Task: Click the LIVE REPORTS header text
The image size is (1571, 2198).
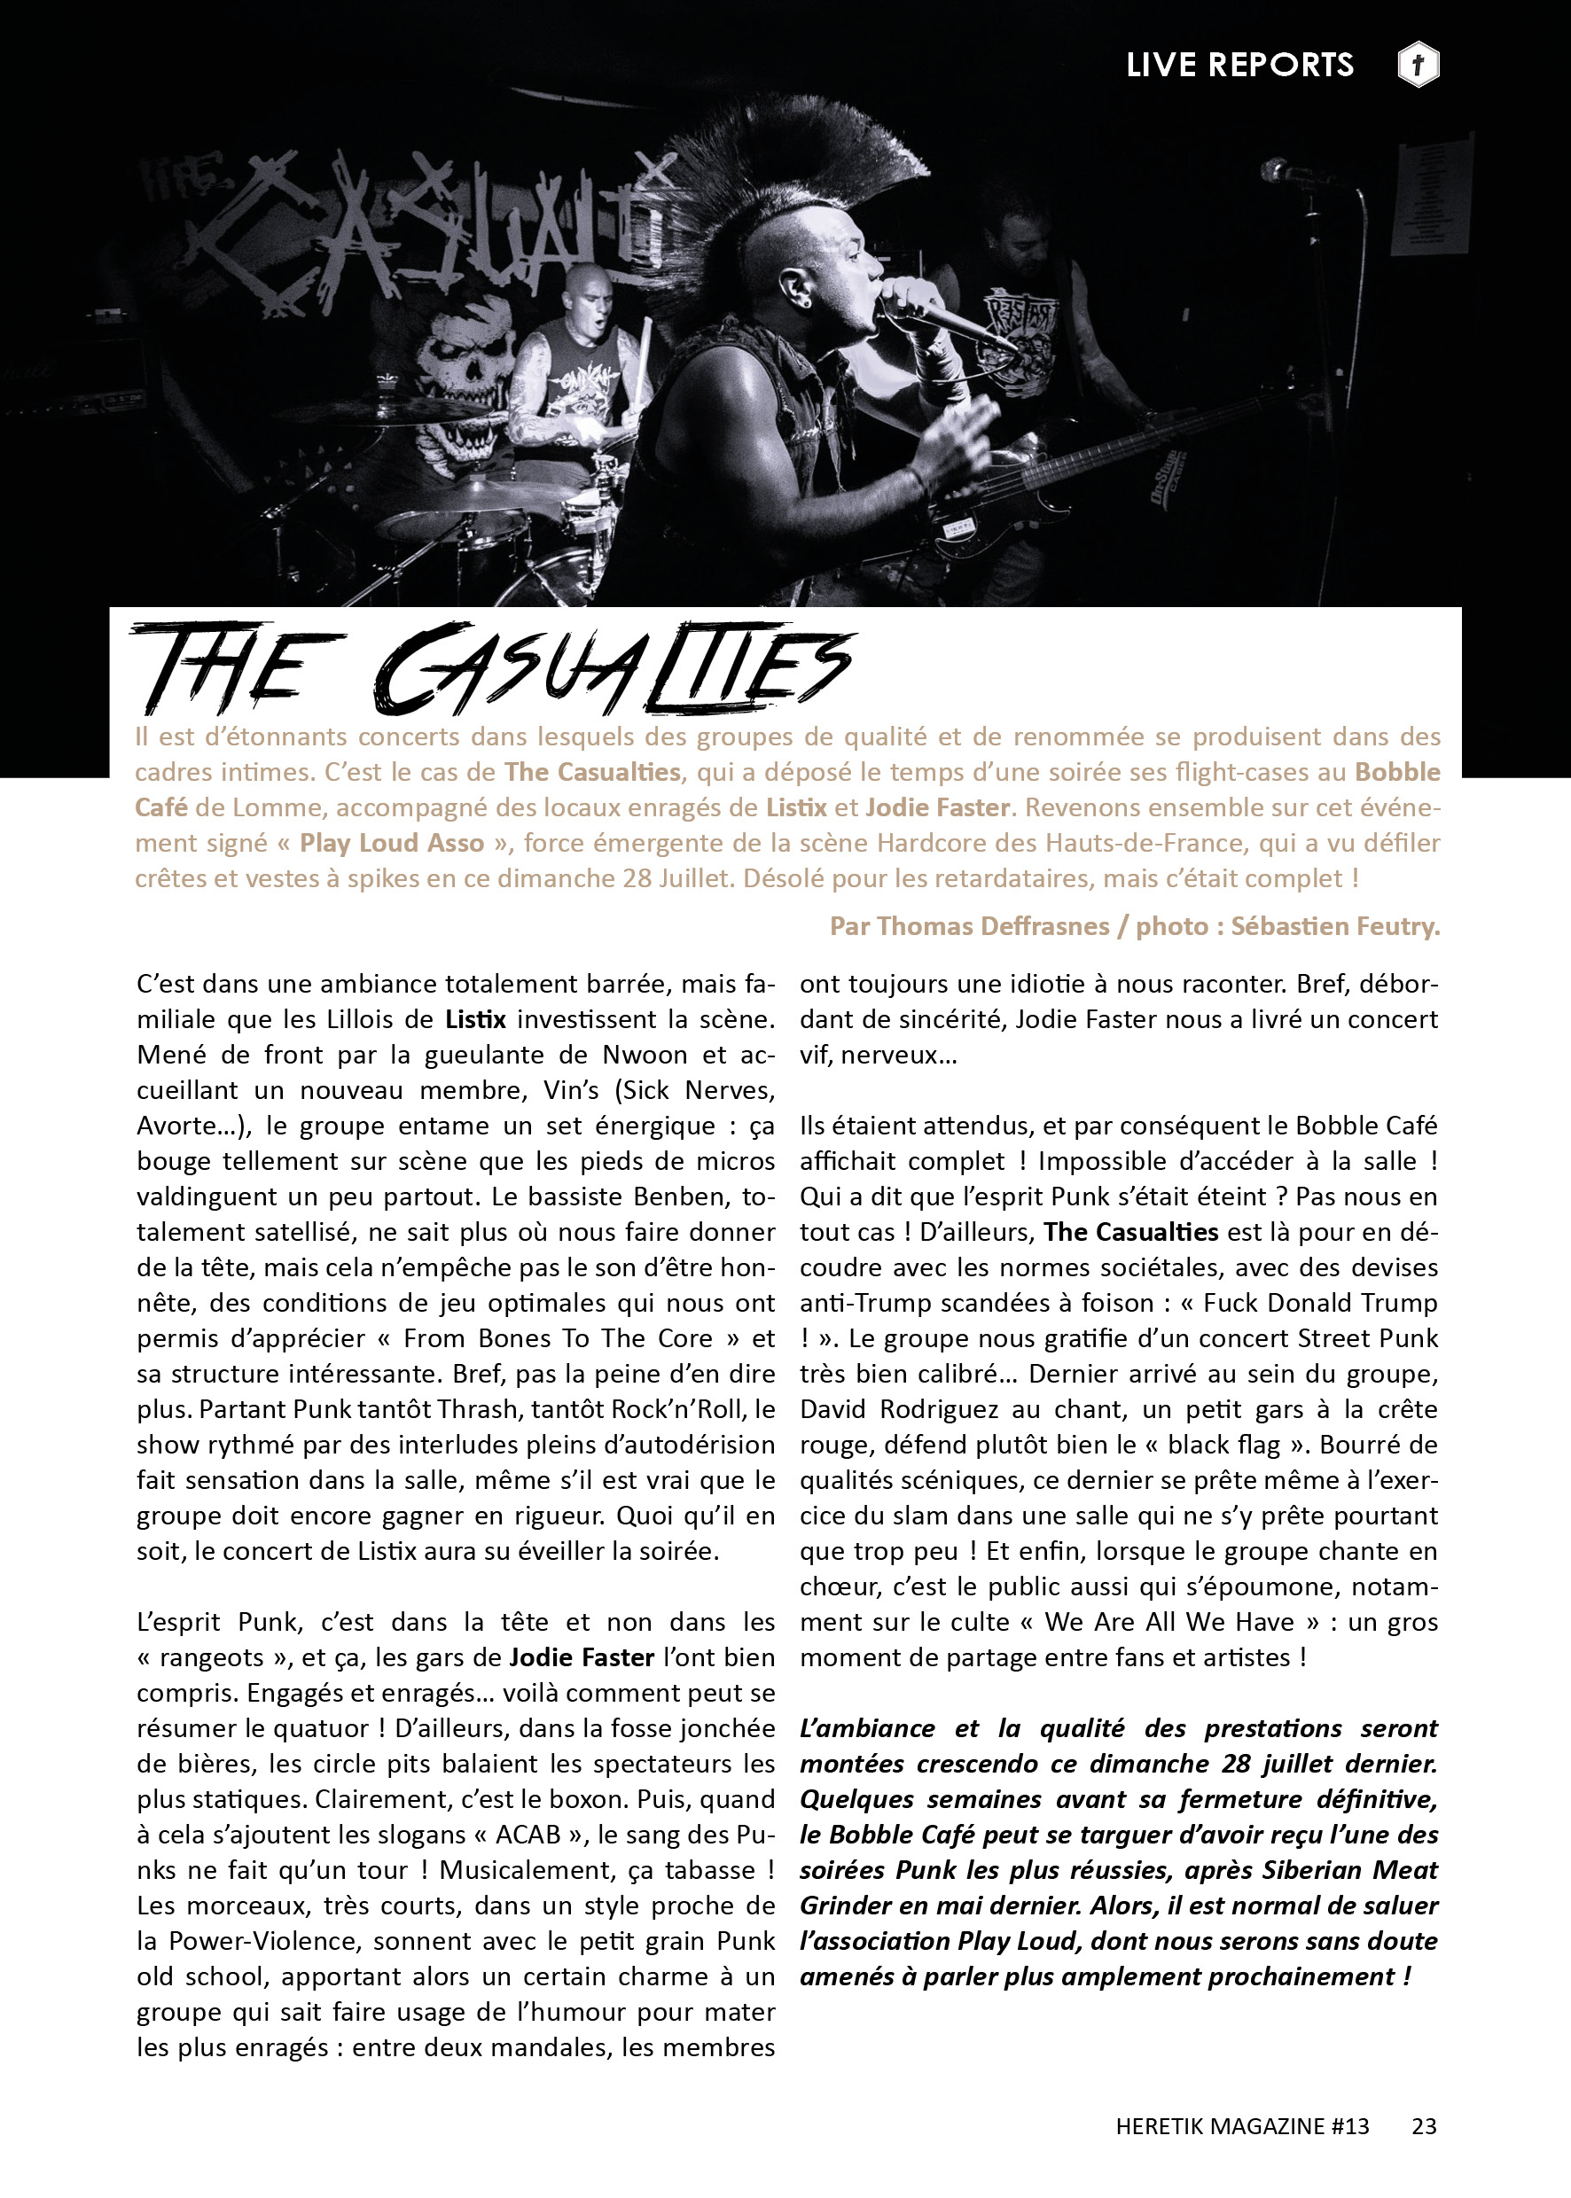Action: coord(1239,65)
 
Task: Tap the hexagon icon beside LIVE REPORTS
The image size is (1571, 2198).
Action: coord(1419,65)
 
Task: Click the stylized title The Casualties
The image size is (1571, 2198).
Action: coord(493,667)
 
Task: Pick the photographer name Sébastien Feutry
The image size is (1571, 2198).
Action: coord(1335,926)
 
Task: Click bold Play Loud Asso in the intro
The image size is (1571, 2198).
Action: coord(392,843)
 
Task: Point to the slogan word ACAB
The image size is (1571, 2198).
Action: coord(528,1835)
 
